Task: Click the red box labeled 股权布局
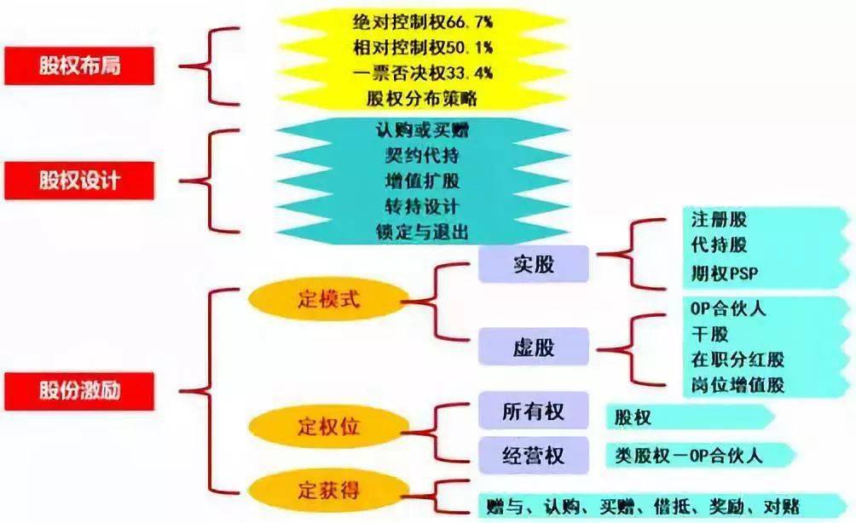(x=79, y=66)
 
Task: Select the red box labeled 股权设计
(x=79, y=181)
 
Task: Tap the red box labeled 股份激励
(x=79, y=391)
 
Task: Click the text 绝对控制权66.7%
(x=423, y=22)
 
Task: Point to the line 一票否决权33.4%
(x=423, y=73)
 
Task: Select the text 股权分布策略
(x=422, y=99)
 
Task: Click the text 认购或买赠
(x=422, y=130)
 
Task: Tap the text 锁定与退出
(x=422, y=233)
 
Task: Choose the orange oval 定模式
(x=328, y=299)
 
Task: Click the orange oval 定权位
(x=328, y=427)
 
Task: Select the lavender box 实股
(x=534, y=264)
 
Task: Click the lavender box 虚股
(x=534, y=347)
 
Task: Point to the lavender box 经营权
(x=534, y=456)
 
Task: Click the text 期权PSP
(x=725, y=273)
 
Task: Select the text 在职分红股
(x=737, y=360)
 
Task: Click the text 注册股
(x=719, y=220)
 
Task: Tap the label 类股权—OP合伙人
(x=688, y=456)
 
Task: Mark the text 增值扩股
(x=422, y=181)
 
